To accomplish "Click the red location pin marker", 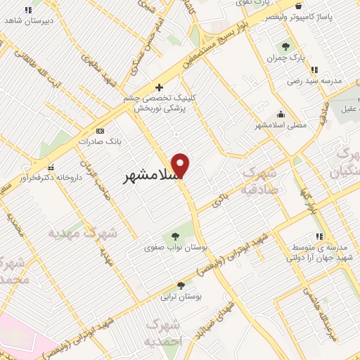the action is click(x=181, y=165).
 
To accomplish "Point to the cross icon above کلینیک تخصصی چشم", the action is click(x=160, y=88).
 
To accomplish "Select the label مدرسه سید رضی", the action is click(x=314, y=81).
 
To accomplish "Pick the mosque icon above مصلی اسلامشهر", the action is click(x=281, y=114).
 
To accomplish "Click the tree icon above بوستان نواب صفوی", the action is click(x=175, y=234).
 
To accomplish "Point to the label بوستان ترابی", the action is click(x=181, y=297).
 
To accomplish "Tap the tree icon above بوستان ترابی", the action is click(x=181, y=285).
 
